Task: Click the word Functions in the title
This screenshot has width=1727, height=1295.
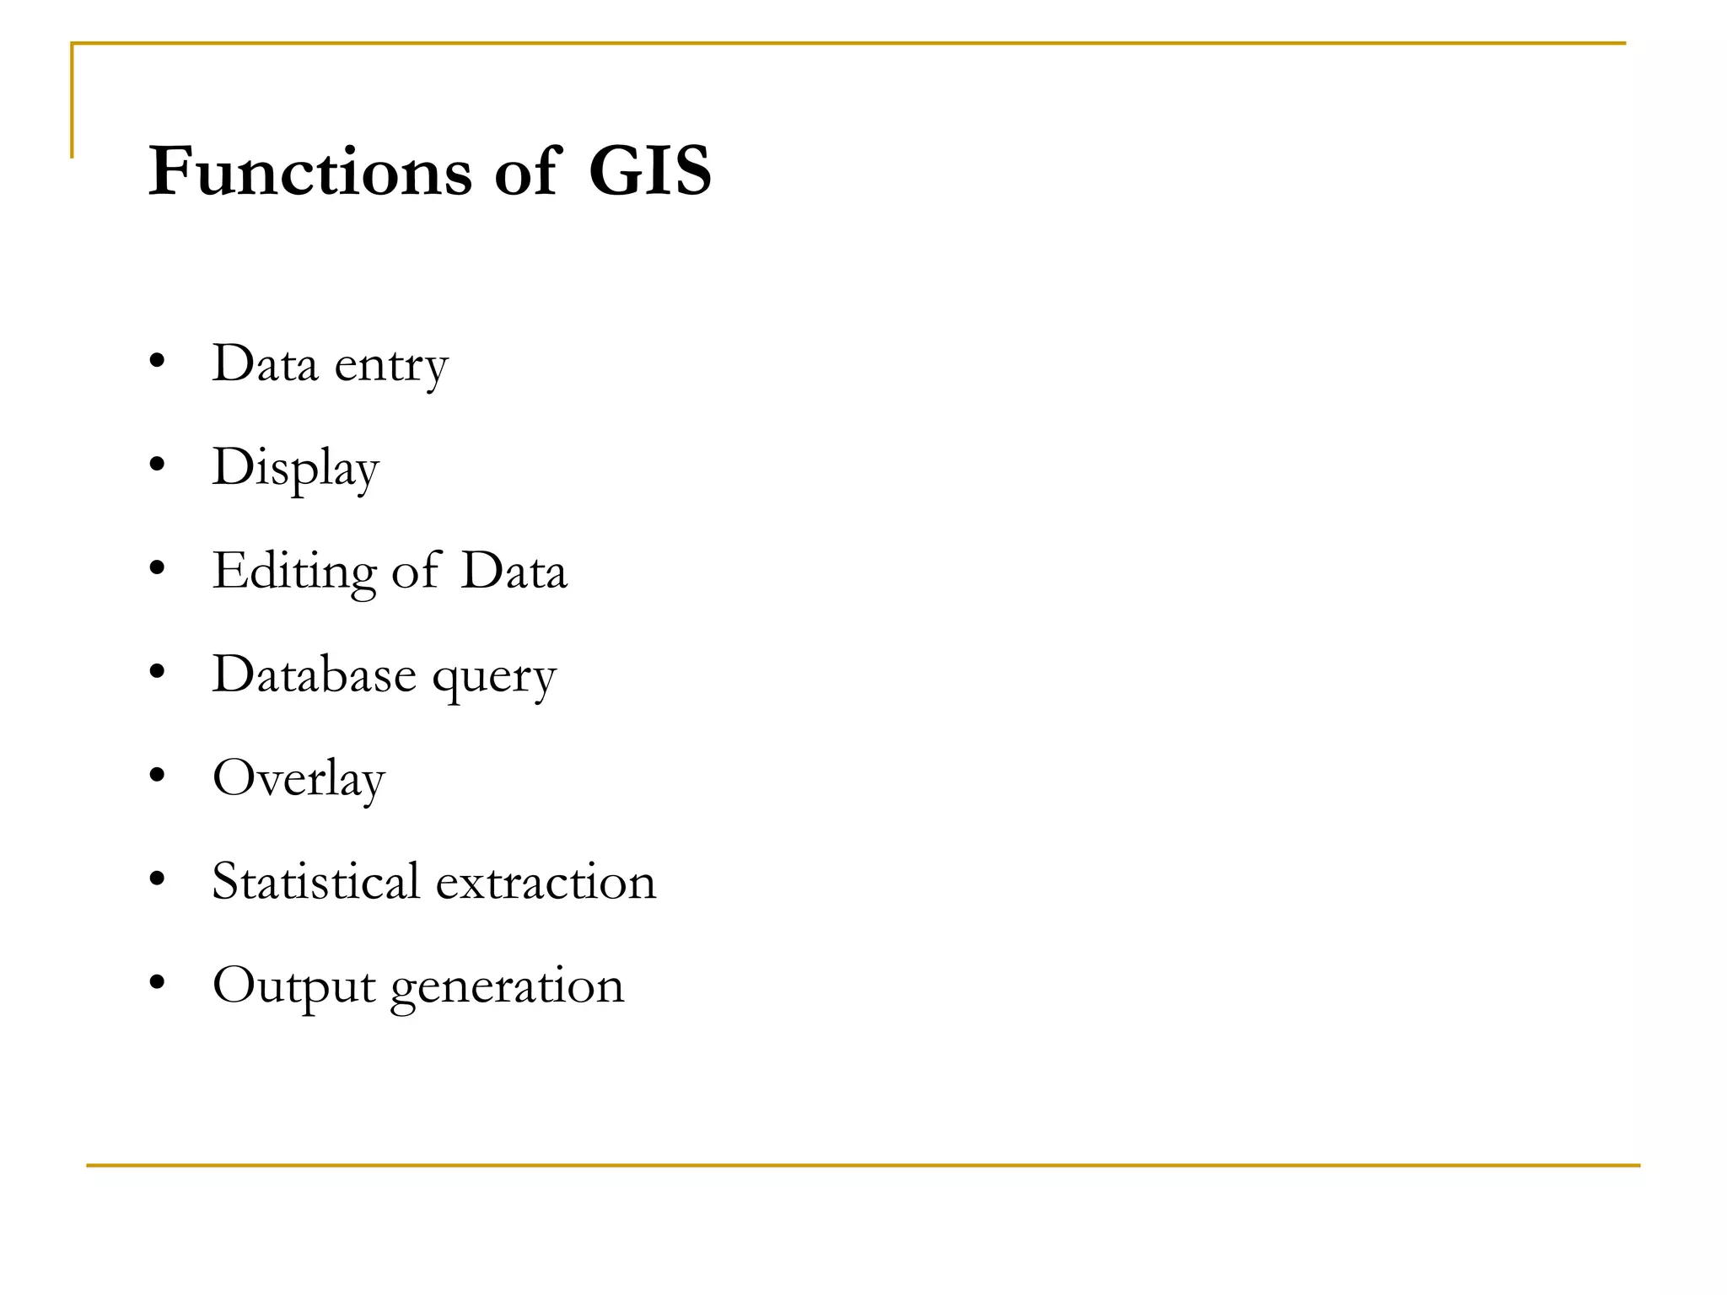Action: pyautogui.click(x=309, y=171)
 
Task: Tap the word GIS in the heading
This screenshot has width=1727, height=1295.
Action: pyautogui.click(x=649, y=171)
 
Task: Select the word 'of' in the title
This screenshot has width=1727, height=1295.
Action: pyautogui.click(x=526, y=171)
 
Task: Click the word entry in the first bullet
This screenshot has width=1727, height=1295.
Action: pyautogui.click(x=391, y=366)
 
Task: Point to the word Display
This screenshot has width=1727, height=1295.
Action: pyautogui.click(x=295, y=468)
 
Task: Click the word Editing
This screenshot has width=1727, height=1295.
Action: pyautogui.click(x=293, y=572)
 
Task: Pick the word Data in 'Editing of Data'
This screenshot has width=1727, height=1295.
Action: pyautogui.click(x=514, y=571)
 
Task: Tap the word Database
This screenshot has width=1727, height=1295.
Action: pyautogui.click(x=314, y=674)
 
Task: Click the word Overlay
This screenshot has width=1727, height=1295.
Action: pyautogui.click(x=299, y=778)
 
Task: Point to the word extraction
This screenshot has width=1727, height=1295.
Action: pyautogui.click(x=546, y=882)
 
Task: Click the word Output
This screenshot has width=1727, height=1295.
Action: pyautogui.click(x=293, y=986)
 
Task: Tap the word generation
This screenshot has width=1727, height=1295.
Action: pyautogui.click(x=507, y=986)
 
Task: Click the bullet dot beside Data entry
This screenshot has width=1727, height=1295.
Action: pyautogui.click(x=157, y=362)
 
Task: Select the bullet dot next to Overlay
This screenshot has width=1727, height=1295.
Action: pyautogui.click(x=157, y=776)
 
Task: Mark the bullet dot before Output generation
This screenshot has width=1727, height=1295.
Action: pyautogui.click(x=157, y=982)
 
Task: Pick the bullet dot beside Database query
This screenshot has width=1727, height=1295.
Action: pyautogui.click(x=157, y=672)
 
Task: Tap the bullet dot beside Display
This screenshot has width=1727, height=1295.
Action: pyautogui.click(x=157, y=465)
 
